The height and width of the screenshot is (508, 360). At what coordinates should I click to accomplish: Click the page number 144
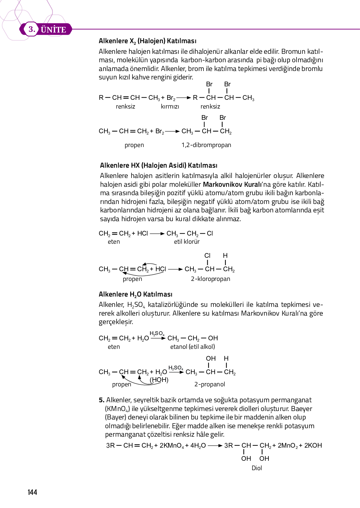(x=32, y=492)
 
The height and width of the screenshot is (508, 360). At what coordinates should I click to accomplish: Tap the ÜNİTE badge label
(x=53, y=30)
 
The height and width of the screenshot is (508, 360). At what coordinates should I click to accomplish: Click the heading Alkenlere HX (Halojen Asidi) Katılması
(x=158, y=165)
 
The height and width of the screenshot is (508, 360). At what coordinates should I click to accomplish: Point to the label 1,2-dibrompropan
(x=206, y=145)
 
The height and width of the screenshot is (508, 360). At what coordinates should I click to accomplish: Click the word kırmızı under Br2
(x=170, y=106)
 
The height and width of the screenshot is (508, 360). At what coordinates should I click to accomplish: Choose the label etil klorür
(x=187, y=241)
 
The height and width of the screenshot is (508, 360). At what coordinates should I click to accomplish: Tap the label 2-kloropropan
(x=210, y=279)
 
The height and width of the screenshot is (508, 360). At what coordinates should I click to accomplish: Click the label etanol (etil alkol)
(x=192, y=347)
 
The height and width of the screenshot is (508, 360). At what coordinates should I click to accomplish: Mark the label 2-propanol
(x=210, y=384)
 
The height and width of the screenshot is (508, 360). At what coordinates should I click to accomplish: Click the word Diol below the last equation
(x=257, y=468)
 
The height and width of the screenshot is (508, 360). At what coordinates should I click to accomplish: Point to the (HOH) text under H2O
(x=159, y=380)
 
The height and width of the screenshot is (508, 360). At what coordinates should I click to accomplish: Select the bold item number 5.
(x=101, y=400)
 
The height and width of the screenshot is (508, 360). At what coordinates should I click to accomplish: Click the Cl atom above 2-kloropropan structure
(x=207, y=256)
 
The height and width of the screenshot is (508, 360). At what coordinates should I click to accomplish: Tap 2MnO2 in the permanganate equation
(x=287, y=445)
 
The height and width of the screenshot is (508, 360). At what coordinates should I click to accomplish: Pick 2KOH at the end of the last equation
(x=313, y=445)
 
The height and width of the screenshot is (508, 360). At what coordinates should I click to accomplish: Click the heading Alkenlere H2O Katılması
(x=135, y=294)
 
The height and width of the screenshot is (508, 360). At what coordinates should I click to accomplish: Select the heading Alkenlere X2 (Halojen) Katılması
(x=147, y=41)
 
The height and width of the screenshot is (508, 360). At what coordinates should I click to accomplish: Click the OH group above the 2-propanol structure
(x=211, y=358)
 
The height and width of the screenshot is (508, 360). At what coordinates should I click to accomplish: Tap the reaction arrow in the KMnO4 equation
(x=215, y=445)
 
